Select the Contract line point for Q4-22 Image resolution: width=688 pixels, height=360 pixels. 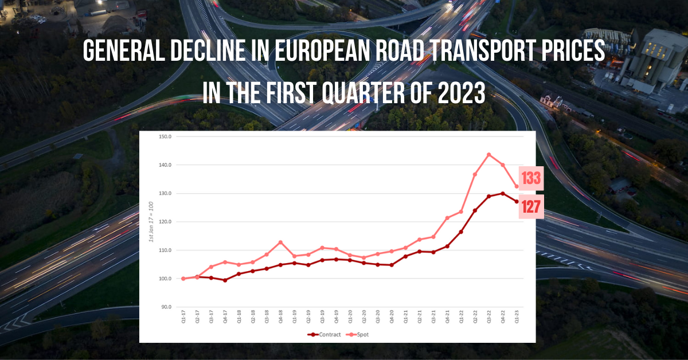tap(503, 194)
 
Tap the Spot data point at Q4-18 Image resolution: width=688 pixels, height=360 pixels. tap(280, 242)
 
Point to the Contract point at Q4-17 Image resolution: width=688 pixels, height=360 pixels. tap(225, 280)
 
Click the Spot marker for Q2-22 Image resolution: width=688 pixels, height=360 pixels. tap(475, 174)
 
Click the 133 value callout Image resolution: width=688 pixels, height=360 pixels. tap(531, 179)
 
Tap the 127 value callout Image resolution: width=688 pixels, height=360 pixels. tap(531, 207)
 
